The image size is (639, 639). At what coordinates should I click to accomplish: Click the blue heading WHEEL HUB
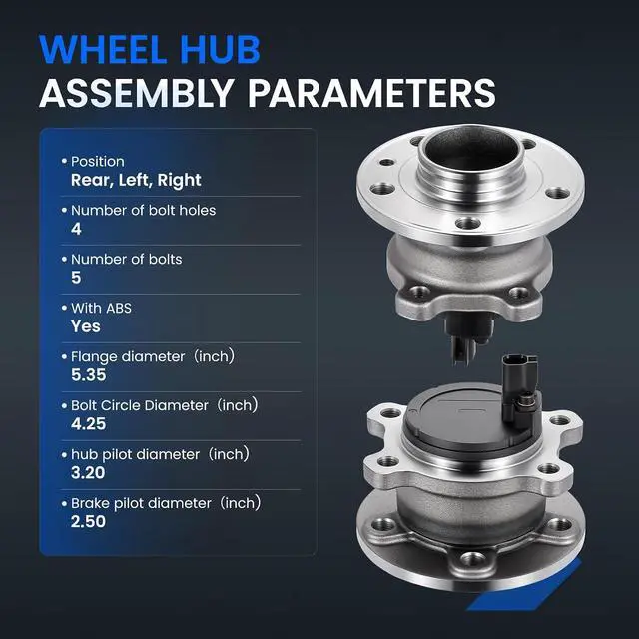coord(150,49)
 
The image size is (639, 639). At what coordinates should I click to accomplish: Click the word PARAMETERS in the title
coord(371,93)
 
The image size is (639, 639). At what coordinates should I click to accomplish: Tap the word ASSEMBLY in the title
coord(137,93)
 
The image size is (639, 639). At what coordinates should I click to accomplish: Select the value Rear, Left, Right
coord(136,180)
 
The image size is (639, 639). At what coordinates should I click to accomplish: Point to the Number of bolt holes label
coord(143,211)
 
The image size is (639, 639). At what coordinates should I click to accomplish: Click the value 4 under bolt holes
coord(76,229)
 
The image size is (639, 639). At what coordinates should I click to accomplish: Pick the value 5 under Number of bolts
coord(76,278)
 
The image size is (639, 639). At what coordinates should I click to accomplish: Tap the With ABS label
coord(101,309)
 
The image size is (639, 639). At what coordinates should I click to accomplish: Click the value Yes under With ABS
coord(86,326)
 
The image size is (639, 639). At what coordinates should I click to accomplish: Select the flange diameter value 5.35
coord(89,375)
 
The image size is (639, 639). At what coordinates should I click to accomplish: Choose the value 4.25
coord(89,424)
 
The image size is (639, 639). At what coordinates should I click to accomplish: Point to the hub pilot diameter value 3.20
coord(88,473)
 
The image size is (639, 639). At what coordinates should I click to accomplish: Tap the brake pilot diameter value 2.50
coord(89,522)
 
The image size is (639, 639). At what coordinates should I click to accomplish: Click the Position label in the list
coord(98,162)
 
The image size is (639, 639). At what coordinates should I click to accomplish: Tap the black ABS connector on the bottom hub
coord(520,390)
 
